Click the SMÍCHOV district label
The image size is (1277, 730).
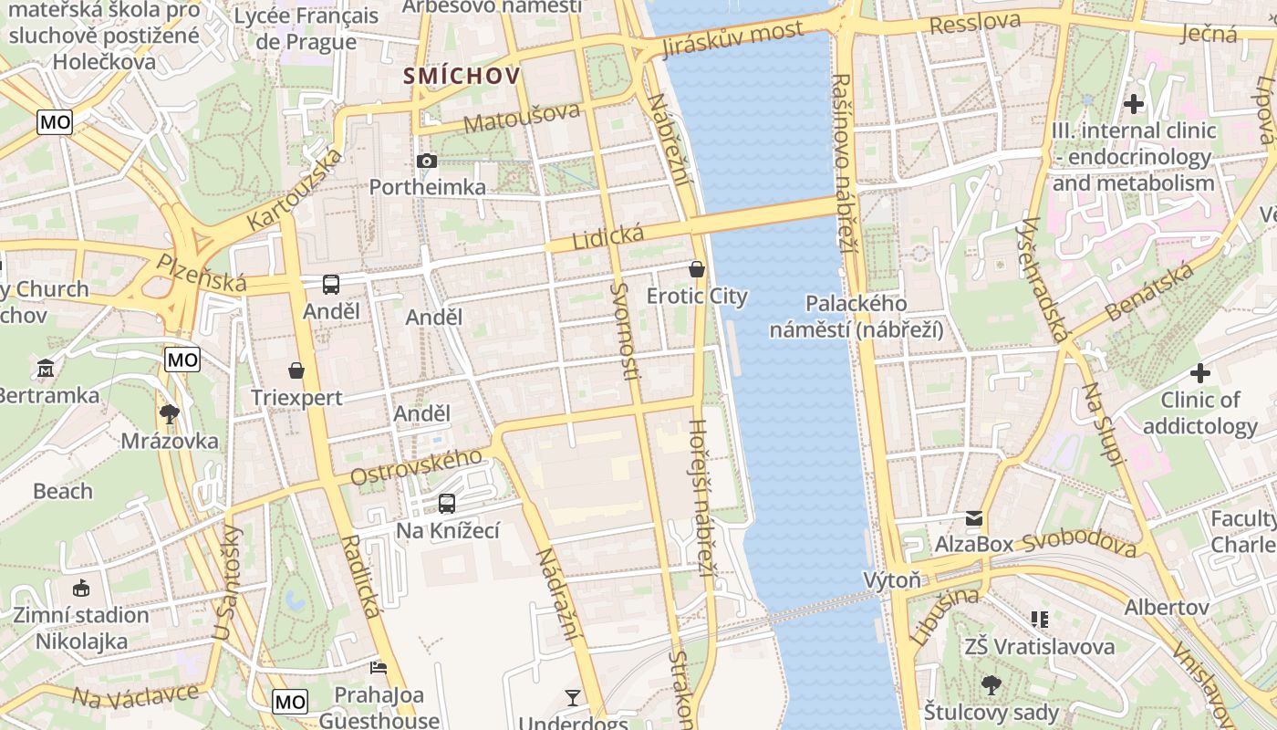coord(462,76)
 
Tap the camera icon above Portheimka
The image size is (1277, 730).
coord(426,162)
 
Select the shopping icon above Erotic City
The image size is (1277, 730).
coord(697,269)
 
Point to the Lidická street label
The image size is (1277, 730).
coord(607,236)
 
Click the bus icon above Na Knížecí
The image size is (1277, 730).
coord(447,503)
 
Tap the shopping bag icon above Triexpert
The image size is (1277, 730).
coord(296,370)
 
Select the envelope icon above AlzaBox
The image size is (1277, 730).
coord(974,518)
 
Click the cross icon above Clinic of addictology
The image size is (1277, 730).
coord(1199,373)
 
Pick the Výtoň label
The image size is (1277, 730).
coord(892,580)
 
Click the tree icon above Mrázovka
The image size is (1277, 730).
coord(169,414)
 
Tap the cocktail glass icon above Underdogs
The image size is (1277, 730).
coord(573,698)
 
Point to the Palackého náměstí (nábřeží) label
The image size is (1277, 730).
coord(856,317)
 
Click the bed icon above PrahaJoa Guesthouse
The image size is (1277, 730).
coord(379,668)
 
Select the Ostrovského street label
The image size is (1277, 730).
coord(416,467)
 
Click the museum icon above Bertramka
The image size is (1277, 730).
coord(46,369)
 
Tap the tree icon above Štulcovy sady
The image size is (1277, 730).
coord(991,684)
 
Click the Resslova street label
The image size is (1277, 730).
coord(974,23)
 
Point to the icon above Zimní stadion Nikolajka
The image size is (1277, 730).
coord(81,588)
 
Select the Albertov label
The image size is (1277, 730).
coord(1167,607)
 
